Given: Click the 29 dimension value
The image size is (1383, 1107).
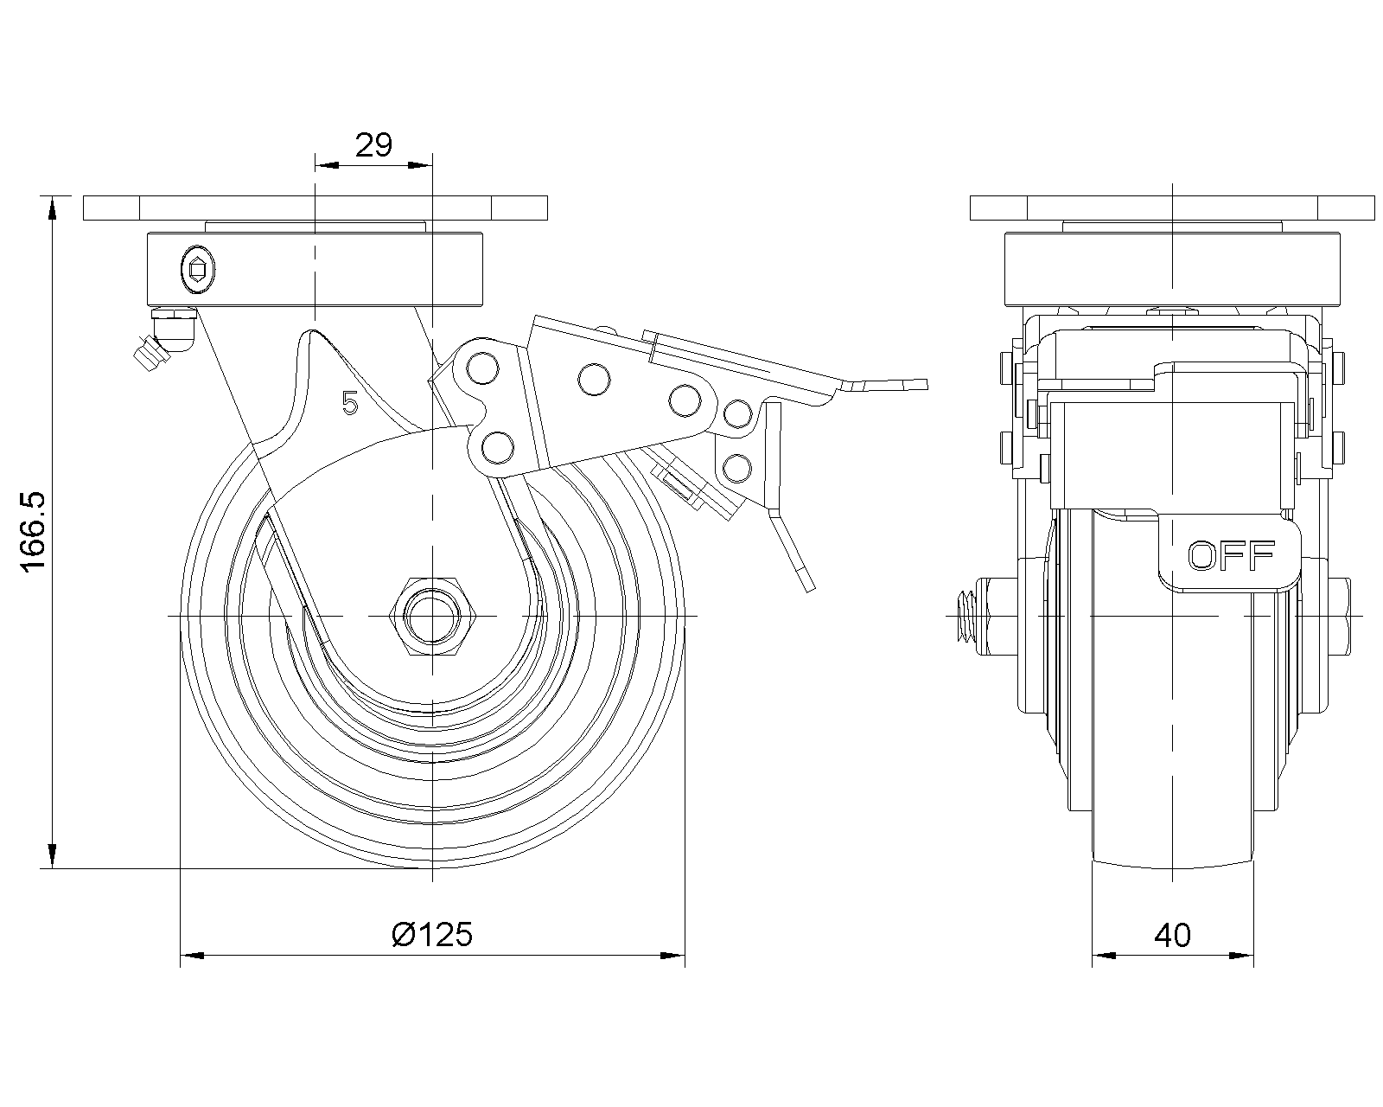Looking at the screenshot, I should [373, 144].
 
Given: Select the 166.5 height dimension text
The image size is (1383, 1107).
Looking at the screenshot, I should [35, 532].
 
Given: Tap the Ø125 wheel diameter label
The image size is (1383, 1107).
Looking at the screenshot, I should [432, 934].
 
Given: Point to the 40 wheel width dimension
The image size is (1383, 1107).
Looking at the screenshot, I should [1172, 934].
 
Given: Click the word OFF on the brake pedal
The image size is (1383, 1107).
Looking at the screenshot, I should [1231, 555].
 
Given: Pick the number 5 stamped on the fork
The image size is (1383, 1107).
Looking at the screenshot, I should [349, 403].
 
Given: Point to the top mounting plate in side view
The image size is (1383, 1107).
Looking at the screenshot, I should [315, 208].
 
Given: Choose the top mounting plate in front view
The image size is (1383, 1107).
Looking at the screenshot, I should [1172, 208].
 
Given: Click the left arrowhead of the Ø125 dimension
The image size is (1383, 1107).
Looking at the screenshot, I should [190, 956].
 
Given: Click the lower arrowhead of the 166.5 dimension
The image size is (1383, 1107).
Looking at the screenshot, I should [54, 856].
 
